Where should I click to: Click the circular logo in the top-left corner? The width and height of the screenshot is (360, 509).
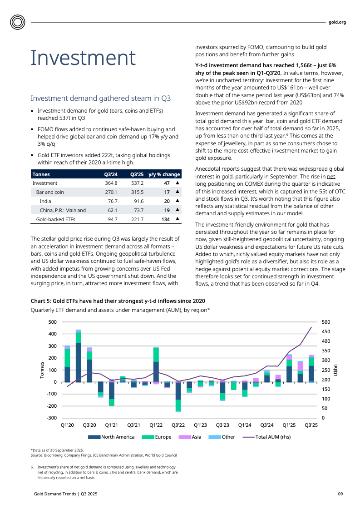click(18, 22)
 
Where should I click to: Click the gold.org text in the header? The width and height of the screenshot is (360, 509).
click(337, 22)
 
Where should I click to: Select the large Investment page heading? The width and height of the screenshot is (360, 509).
click(83, 58)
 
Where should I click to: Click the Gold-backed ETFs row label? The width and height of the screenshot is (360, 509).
click(55, 219)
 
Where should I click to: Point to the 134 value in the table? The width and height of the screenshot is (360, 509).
click(165, 219)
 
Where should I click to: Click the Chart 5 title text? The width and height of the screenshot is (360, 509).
click(118, 301)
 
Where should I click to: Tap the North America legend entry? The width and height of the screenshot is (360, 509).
click(118, 437)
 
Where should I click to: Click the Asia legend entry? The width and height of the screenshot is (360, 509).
click(196, 437)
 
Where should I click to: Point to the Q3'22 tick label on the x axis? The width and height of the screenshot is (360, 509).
click(178, 425)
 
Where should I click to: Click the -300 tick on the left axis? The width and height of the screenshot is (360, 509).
click(52, 418)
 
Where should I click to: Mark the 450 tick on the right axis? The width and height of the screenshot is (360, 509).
click(326, 331)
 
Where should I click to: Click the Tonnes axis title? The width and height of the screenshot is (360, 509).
click(42, 370)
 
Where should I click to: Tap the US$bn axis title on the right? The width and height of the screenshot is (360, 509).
click(335, 370)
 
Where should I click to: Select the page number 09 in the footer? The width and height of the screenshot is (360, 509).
click(340, 494)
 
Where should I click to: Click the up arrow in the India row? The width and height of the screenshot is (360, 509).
click(178, 201)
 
